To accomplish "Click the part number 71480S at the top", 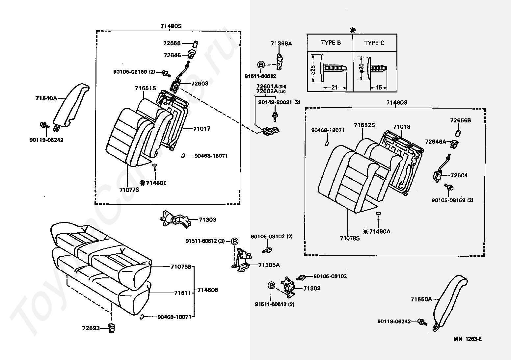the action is click(171, 26).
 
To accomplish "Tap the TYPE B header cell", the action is click(330, 43).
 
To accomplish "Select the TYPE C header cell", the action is click(375, 43).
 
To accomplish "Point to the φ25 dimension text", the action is click(313, 69).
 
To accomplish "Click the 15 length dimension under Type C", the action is click(379, 87).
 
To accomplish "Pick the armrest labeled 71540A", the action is click(70, 107).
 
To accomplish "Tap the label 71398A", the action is click(281, 43).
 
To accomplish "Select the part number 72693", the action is click(91, 328).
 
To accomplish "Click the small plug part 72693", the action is click(111, 328).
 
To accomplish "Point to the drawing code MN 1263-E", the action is click(468, 339).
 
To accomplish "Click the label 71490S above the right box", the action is click(397, 103).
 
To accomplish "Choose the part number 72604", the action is click(459, 175).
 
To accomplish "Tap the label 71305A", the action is click(269, 265).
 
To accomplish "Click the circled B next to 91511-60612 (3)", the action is click(234, 241).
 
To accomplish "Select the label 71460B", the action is click(207, 290).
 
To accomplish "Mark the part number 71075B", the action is click(181, 267).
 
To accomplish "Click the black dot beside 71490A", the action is click(365, 232).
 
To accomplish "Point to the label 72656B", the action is click(460, 120).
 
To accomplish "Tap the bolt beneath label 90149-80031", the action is click(275, 116).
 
